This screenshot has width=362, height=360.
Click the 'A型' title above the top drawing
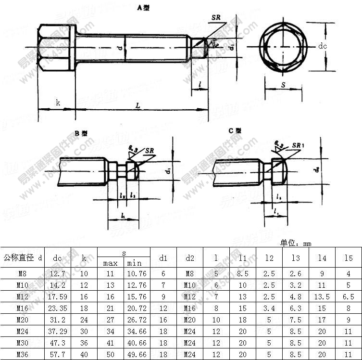pyautogui.click(x=144, y=8)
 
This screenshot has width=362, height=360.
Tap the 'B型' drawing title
pyautogui.click(x=81, y=133)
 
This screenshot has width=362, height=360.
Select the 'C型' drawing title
pyautogui.click(x=235, y=130)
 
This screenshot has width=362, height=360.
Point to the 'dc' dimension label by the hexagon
pyautogui.click(x=323, y=46)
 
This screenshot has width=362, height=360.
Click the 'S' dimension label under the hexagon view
pyautogui.click(x=283, y=85)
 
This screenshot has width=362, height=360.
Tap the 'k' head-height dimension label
pyautogui.click(x=58, y=103)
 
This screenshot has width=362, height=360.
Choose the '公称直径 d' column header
pyautogui.click(x=23, y=258)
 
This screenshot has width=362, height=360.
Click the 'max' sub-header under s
pyautogui.click(x=111, y=263)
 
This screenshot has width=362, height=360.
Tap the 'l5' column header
pyautogui.click(x=349, y=258)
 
